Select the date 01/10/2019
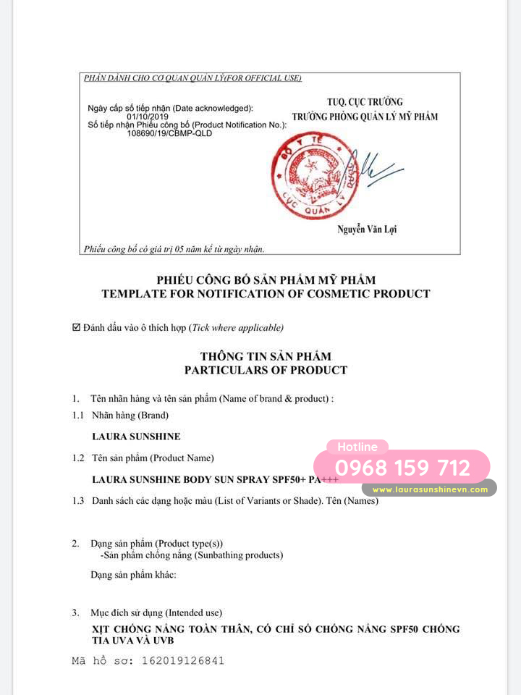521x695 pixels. [147, 117]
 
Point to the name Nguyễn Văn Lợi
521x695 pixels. [367, 229]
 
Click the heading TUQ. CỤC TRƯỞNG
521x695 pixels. [365, 102]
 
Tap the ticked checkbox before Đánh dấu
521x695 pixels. [77, 328]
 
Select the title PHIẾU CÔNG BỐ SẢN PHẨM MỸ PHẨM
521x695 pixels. [266, 280]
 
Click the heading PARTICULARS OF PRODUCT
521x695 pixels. [266, 370]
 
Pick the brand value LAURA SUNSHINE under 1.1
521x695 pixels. [136, 437]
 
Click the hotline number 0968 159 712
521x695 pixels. [402, 468]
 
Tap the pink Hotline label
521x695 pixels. [357, 447]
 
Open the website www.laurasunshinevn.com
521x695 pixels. [431, 489]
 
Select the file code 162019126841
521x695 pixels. [183, 660]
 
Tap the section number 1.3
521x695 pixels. [78, 501]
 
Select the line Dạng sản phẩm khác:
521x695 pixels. [133, 575]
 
